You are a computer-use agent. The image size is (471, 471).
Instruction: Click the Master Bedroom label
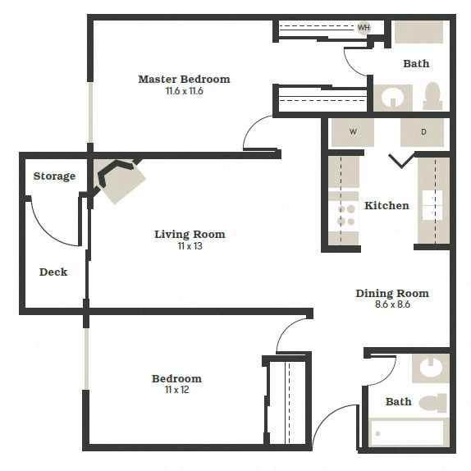[184, 80]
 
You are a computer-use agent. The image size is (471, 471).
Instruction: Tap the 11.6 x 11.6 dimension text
[184, 91]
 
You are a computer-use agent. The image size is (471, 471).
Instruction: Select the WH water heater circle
[364, 28]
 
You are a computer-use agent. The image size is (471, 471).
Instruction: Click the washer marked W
[353, 132]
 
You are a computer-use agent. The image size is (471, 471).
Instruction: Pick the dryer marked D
[423, 132]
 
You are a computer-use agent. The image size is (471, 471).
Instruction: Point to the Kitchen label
[386, 205]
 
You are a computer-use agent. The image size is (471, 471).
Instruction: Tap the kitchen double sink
[432, 204]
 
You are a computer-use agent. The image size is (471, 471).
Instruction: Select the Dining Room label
[391, 293]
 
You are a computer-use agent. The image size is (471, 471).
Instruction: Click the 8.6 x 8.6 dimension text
[391, 304]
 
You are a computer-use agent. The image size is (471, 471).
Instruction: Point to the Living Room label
[190, 235]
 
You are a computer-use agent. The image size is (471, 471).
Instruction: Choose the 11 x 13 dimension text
[190, 246]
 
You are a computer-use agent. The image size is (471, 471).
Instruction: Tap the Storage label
[54, 176]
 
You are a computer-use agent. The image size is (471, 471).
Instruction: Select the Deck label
[53, 272]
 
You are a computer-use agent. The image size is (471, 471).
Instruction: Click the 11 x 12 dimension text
[176, 390]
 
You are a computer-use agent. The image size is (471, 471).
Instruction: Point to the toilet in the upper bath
[432, 96]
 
